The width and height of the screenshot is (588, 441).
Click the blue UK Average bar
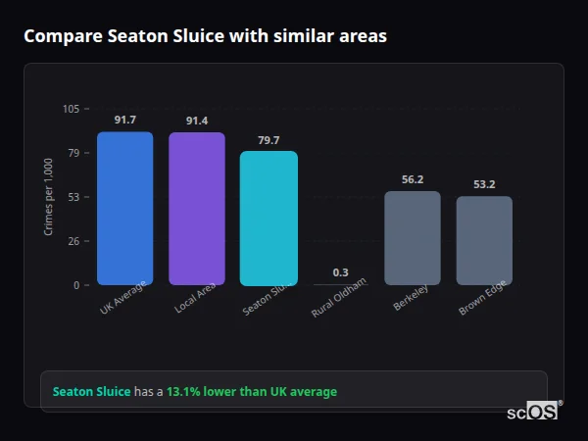[x=124, y=209]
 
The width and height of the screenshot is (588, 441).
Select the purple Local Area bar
[x=197, y=209]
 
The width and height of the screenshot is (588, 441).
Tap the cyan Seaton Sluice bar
[x=269, y=218]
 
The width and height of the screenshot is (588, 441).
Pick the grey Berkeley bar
[x=412, y=238]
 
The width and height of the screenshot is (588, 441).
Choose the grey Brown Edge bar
[x=484, y=240]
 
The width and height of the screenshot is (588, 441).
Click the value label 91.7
[x=124, y=120]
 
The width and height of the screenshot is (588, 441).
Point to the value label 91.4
[x=197, y=121]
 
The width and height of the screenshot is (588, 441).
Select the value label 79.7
[x=269, y=140]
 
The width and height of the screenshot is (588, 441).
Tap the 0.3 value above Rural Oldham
[x=340, y=272]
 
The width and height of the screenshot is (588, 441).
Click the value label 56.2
[x=413, y=179]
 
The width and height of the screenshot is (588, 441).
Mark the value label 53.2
[x=484, y=184]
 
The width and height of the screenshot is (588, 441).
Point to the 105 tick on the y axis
[x=71, y=109]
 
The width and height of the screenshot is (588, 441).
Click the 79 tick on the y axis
[x=73, y=153]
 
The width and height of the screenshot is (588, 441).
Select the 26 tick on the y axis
[x=73, y=241]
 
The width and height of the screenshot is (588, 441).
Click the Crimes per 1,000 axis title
[x=48, y=196]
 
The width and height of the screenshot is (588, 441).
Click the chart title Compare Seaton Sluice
[x=205, y=36]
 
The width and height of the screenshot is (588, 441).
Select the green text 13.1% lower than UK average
[x=251, y=391]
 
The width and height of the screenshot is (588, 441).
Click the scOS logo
[x=533, y=412]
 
